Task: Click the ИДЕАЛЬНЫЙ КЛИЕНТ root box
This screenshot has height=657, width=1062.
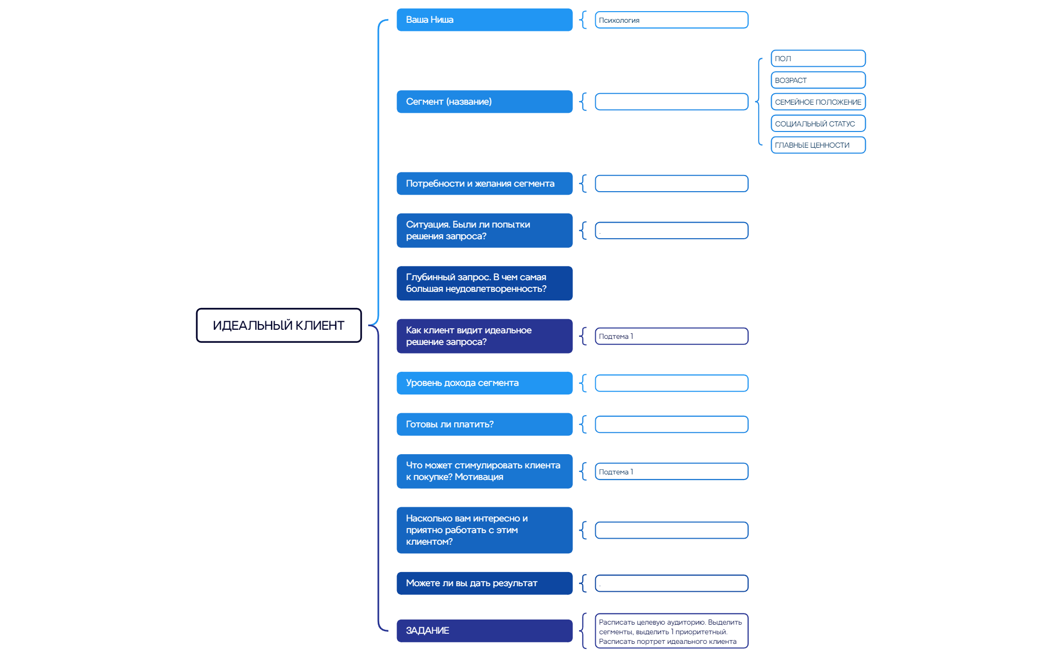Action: coord(279,325)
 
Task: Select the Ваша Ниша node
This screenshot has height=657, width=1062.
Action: coord(484,20)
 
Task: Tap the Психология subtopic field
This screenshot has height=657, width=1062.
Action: coord(671,20)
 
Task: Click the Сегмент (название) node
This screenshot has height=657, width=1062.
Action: coord(484,102)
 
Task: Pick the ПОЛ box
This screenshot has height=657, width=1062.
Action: coord(818,59)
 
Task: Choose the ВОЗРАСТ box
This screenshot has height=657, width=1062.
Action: coord(818,80)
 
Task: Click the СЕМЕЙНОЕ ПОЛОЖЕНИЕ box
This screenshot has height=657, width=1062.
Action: coord(818,102)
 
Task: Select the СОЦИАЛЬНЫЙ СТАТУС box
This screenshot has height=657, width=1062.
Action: coord(818,123)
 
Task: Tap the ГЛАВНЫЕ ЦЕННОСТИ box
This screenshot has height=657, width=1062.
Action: coord(818,145)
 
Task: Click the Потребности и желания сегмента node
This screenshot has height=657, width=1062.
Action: coord(484,184)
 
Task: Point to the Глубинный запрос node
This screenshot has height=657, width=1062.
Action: coord(484,283)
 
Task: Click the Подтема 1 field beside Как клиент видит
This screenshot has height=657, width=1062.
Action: coord(671,336)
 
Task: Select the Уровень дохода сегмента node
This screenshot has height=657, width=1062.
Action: coord(484,383)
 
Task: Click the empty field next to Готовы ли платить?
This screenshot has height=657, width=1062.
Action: coord(671,424)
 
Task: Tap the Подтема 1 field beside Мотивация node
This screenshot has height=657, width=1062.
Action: coord(671,471)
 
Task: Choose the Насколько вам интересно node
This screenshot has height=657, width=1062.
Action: coord(484,530)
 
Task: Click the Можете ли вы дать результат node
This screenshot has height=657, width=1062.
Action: coord(484,583)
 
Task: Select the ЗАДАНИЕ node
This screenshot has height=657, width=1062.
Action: coord(484,631)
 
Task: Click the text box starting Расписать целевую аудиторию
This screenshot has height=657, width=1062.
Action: coord(671,631)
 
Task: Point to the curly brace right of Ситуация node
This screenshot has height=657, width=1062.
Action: coord(583,231)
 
